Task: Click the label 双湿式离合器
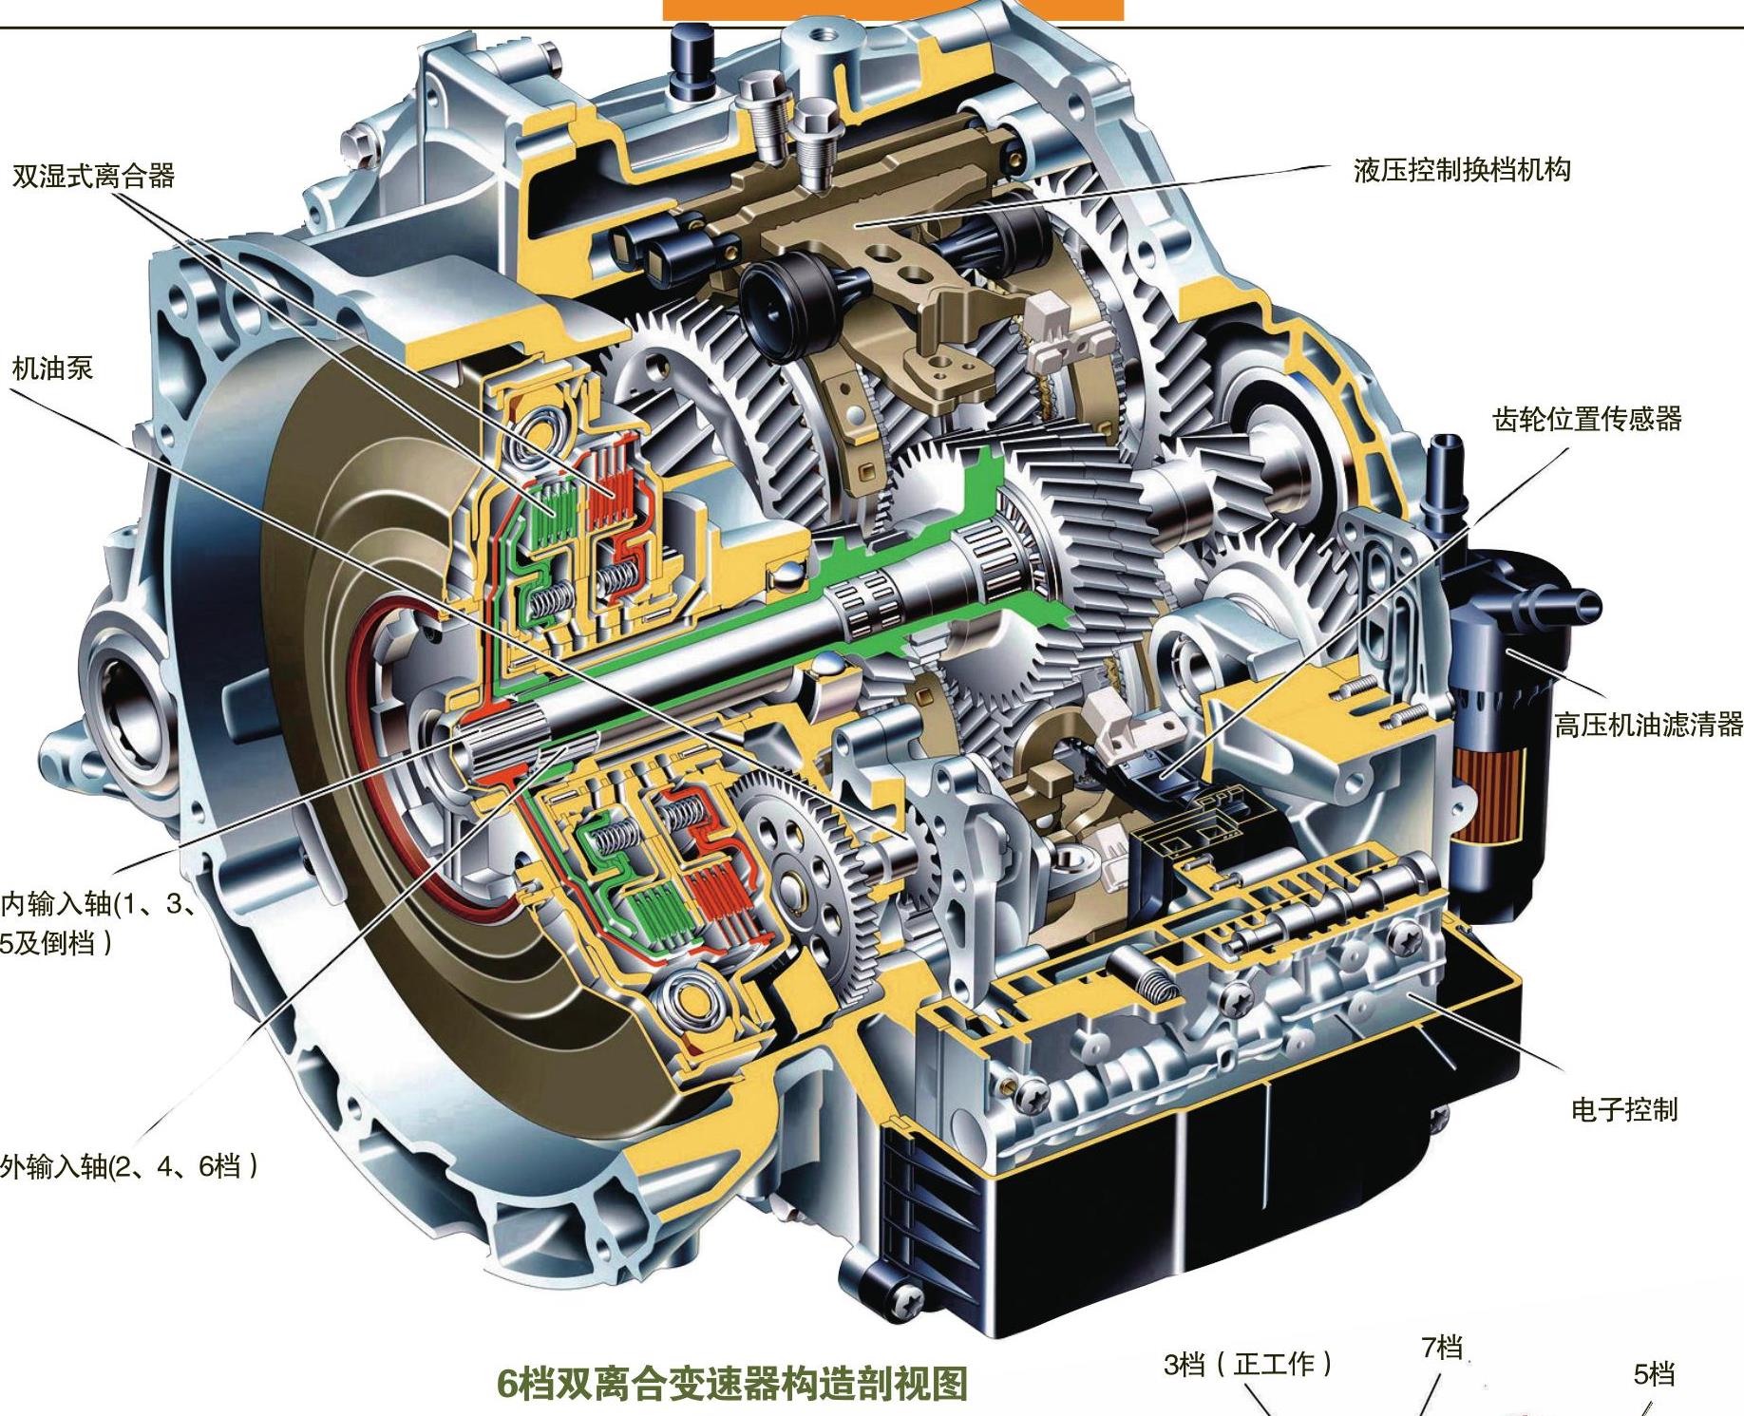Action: point(93,176)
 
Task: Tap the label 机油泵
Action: point(52,368)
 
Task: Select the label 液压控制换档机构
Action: point(1462,170)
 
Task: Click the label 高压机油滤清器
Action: point(1648,726)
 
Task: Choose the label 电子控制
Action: point(1624,1109)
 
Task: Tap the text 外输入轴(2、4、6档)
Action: point(128,1165)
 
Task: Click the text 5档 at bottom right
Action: point(1654,1373)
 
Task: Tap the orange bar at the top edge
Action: point(893,9)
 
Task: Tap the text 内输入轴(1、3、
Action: point(100,903)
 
